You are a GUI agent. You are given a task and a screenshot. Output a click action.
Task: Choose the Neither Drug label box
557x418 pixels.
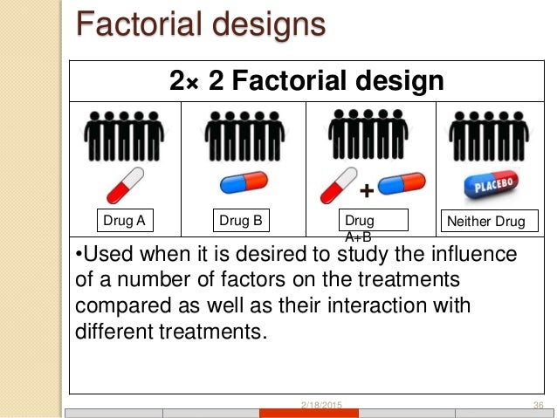pyautogui.click(x=485, y=222)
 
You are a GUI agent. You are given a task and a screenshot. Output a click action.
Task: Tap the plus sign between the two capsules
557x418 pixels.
pyautogui.click(x=367, y=189)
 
